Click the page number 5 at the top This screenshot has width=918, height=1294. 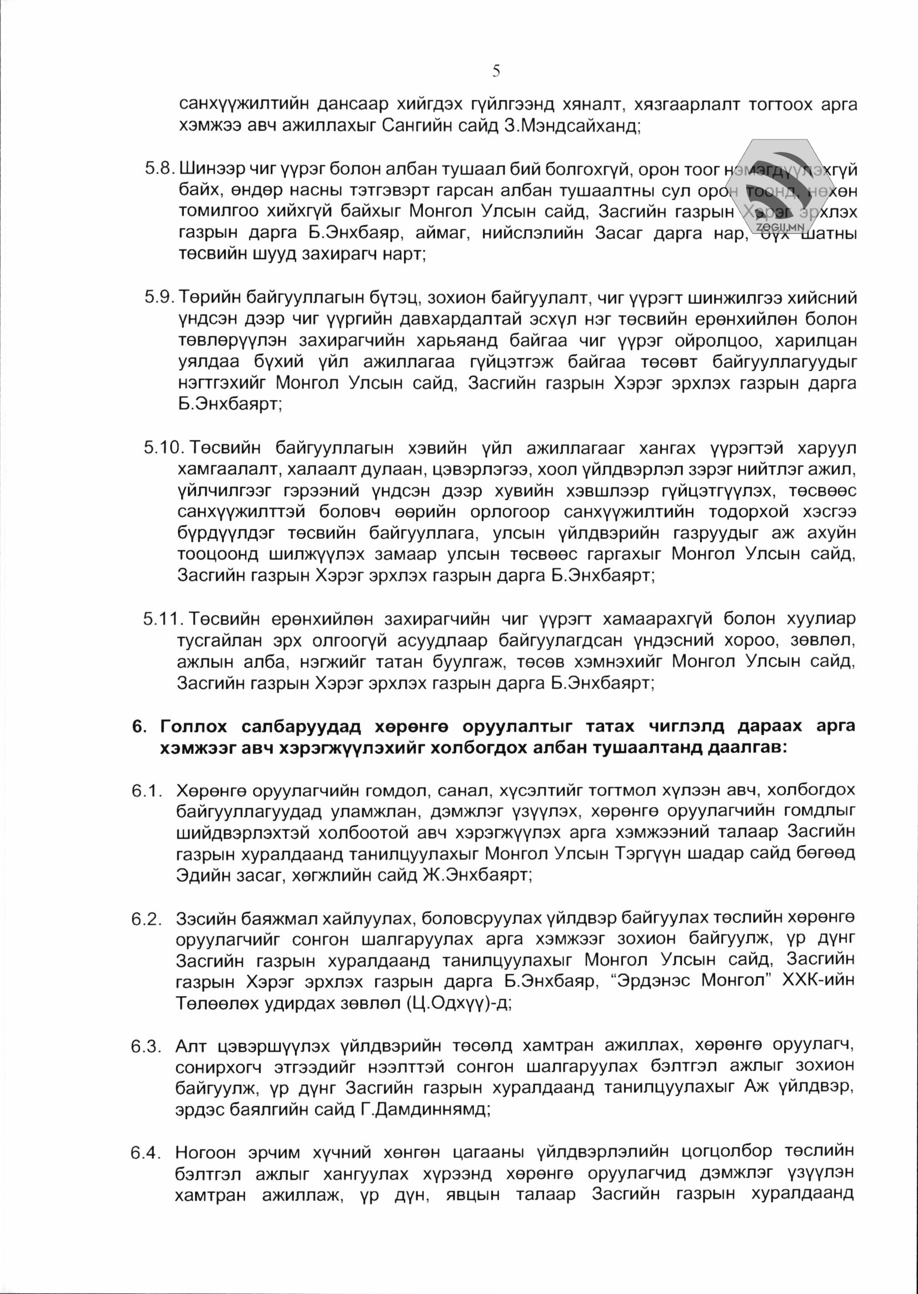[x=496, y=71]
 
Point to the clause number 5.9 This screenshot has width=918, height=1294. [x=159, y=297]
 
